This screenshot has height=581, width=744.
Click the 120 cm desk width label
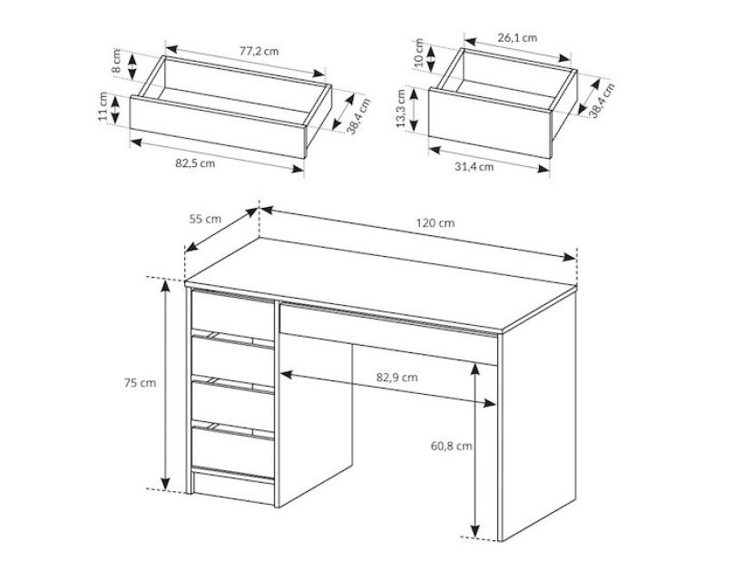point(436,222)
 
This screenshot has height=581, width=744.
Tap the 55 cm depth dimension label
point(205,219)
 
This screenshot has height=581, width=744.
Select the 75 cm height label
point(140,382)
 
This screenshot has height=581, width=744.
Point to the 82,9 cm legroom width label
point(397,378)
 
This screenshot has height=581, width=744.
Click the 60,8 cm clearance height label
point(451,447)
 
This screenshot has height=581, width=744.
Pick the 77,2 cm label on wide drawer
point(259,51)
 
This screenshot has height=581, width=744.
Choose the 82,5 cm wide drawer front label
point(195,163)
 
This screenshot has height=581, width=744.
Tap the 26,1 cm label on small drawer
point(517,37)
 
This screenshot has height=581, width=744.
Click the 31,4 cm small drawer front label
point(474,167)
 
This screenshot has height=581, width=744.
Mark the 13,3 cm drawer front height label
point(401,109)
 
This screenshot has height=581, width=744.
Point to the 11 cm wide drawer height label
point(103,107)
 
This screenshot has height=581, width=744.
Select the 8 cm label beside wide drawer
point(116,61)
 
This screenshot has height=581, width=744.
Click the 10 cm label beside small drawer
point(418,54)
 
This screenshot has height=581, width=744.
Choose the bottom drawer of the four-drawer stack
point(232,452)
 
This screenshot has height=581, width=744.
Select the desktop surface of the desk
point(379,282)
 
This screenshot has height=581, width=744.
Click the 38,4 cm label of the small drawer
point(602,100)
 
